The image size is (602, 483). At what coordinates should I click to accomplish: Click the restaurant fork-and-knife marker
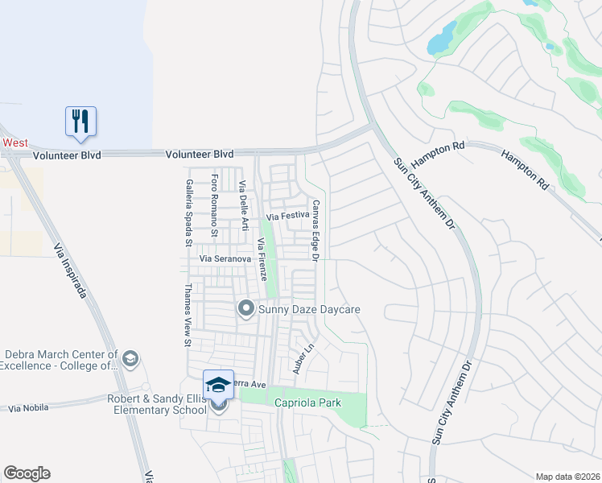pyautogui.click(x=80, y=122)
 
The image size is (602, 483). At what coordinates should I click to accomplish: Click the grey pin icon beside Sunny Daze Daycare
pyautogui.click(x=246, y=308)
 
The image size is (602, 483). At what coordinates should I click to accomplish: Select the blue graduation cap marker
pyautogui.click(x=218, y=385)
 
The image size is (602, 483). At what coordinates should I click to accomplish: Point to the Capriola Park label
pyautogui.click(x=308, y=402)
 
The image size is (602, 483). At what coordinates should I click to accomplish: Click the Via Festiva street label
pyautogui.click(x=288, y=217)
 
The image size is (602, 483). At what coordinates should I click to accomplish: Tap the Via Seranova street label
pyautogui.click(x=226, y=259)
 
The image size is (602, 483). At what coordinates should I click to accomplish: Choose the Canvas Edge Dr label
pyautogui.click(x=315, y=230)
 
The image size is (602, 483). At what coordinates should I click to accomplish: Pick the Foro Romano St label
pyautogui.click(x=214, y=205)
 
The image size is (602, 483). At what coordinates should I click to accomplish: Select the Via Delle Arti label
pyautogui.click(x=242, y=197)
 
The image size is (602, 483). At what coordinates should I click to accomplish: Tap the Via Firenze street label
pyautogui.click(x=261, y=259)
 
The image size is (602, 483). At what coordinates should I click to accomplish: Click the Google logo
pyautogui.click(x=27, y=473)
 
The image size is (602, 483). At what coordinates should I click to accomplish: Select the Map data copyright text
pyautogui.click(x=567, y=477)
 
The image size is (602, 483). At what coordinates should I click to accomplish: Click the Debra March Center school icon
pyautogui.click(x=130, y=357)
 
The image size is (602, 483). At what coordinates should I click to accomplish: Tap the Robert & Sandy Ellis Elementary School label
pyautogui.click(x=158, y=404)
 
